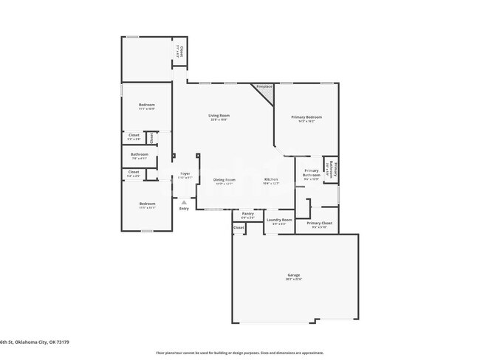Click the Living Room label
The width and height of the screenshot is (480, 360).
pyautogui.click(x=219, y=115)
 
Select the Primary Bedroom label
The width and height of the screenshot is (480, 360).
pyautogui.click(x=306, y=117)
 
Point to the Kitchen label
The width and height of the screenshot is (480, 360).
pyautogui.click(x=271, y=179)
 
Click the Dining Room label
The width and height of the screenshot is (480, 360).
pyautogui.click(x=224, y=179)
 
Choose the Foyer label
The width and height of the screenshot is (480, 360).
pyautogui.click(x=185, y=173)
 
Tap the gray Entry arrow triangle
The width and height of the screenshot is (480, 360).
pyautogui.click(x=184, y=201)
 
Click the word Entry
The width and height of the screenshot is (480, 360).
pyautogui.click(x=184, y=208)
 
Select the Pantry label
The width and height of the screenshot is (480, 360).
pyautogui.click(x=247, y=213)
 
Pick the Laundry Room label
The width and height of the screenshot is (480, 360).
pyautogui.click(x=280, y=219)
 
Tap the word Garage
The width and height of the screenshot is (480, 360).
pyautogui.click(x=295, y=275)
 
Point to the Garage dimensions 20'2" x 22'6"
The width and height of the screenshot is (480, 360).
pyautogui.click(x=295, y=280)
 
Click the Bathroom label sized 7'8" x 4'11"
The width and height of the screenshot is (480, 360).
pyautogui.click(x=140, y=154)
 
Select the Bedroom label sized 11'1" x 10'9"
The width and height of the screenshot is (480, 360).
pyautogui.click(x=147, y=105)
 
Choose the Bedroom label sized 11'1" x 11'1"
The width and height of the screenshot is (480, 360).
pyautogui.click(x=147, y=204)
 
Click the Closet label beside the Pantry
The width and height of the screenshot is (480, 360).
pyautogui.click(x=239, y=228)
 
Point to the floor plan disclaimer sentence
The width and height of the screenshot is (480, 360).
pyautogui.click(x=239, y=352)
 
